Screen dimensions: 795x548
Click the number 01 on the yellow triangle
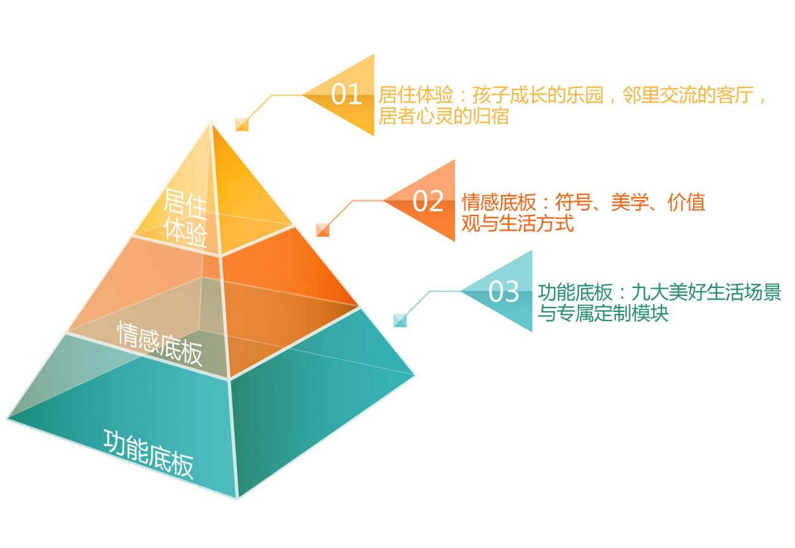pyautogui.click(x=346, y=94)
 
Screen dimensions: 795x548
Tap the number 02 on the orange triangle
pyautogui.click(x=427, y=201)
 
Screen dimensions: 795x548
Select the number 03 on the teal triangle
pyautogui.click(x=504, y=291)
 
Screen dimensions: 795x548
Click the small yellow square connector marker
pyautogui.click(x=242, y=125)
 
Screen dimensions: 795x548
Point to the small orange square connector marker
pyautogui.click(x=323, y=229)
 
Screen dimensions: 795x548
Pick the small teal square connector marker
pyautogui.click(x=400, y=320)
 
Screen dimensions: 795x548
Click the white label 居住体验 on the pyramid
pyautogui.click(x=185, y=218)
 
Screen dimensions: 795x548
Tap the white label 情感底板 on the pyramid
pyautogui.click(x=160, y=343)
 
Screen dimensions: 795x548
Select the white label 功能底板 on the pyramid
pyautogui.click(x=149, y=454)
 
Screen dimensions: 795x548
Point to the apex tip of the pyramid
pyautogui.click(x=212, y=124)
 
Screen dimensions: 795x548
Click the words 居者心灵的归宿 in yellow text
pyautogui.click(x=444, y=116)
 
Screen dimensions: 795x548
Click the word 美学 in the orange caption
pyautogui.click(x=630, y=202)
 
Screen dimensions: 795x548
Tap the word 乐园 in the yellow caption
pyautogui.click(x=585, y=95)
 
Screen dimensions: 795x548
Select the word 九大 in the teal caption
pyautogui.click(x=650, y=292)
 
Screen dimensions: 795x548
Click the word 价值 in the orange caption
pyautogui.click(x=686, y=202)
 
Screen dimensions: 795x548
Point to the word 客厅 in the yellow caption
pyautogui.click(x=735, y=95)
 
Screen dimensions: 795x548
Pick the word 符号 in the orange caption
pyautogui.click(x=574, y=202)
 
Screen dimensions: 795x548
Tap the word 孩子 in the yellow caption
pyautogui.click(x=491, y=95)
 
